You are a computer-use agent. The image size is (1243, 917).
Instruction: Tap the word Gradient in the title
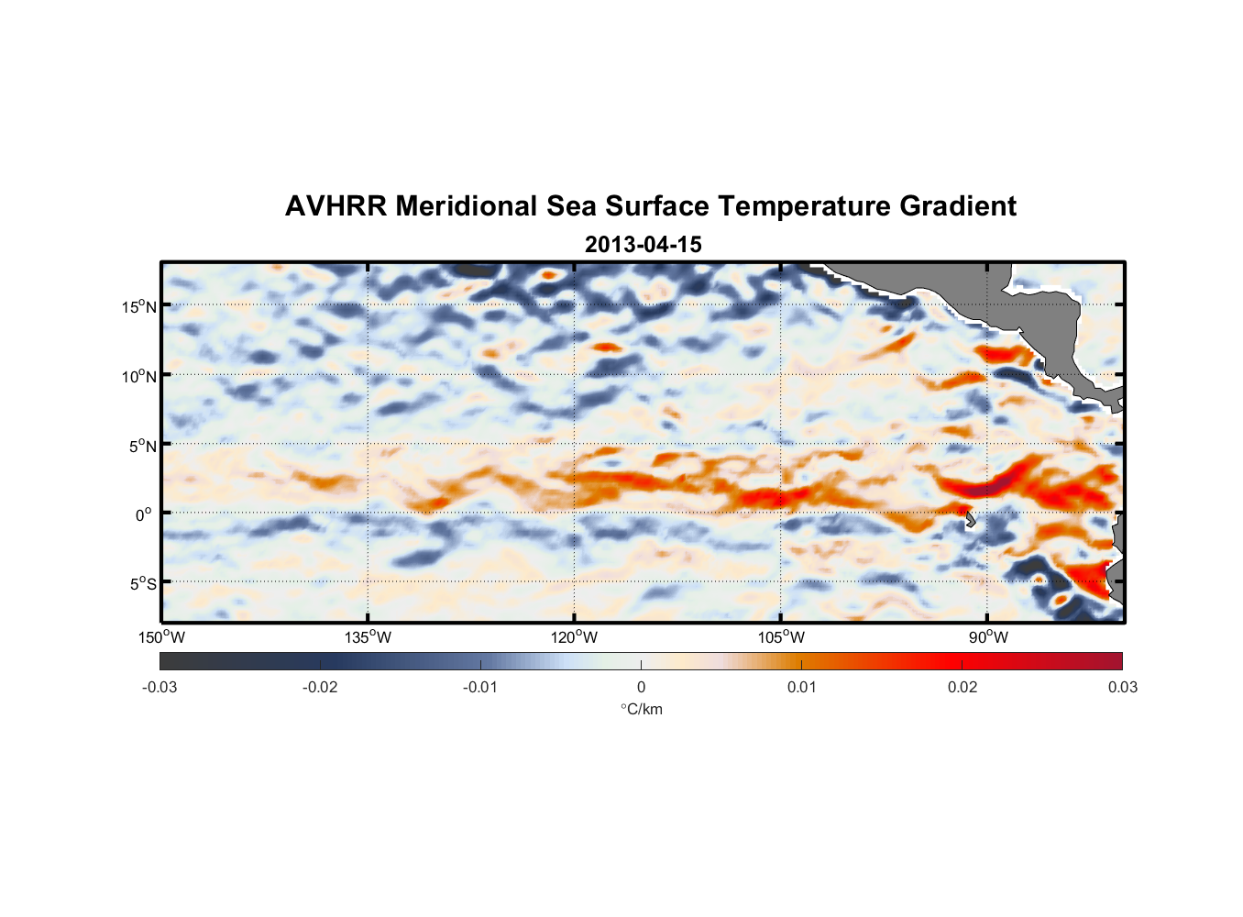(x=957, y=206)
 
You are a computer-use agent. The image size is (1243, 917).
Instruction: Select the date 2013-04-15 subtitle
(x=643, y=245)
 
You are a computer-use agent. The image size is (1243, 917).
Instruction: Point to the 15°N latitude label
(x=138, y=306)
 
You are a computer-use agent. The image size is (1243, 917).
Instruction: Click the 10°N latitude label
(x=138, y=376)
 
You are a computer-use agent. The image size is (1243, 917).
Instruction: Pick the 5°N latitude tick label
(x=142, y=446)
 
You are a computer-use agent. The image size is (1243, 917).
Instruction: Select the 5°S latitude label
(x=142, y=583)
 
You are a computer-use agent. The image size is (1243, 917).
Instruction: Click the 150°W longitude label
(x=161, y=637)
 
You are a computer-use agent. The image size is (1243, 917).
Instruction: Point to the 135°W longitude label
(x=368, y=637)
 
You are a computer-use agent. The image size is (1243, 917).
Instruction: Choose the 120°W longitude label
(x=574, y=637)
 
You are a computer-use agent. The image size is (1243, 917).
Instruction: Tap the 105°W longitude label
(x=781, y=637)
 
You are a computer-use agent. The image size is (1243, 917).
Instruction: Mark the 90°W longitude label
(x=987, y=637)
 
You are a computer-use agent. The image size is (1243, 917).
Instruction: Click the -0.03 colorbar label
(x=159, y=687)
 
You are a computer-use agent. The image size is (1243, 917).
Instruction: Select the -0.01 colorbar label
(x=480, y=687)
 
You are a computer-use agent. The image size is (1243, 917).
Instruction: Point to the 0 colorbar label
(x=641, y=687)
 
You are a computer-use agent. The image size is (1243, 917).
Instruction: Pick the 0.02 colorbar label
(x=962, y=687)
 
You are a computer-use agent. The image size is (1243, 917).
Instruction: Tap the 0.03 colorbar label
(x=1122, y=687)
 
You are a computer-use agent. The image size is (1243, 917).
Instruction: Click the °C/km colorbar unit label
(x=641, y=709)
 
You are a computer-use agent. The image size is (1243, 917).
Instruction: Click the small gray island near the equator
(x=970, y=519)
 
